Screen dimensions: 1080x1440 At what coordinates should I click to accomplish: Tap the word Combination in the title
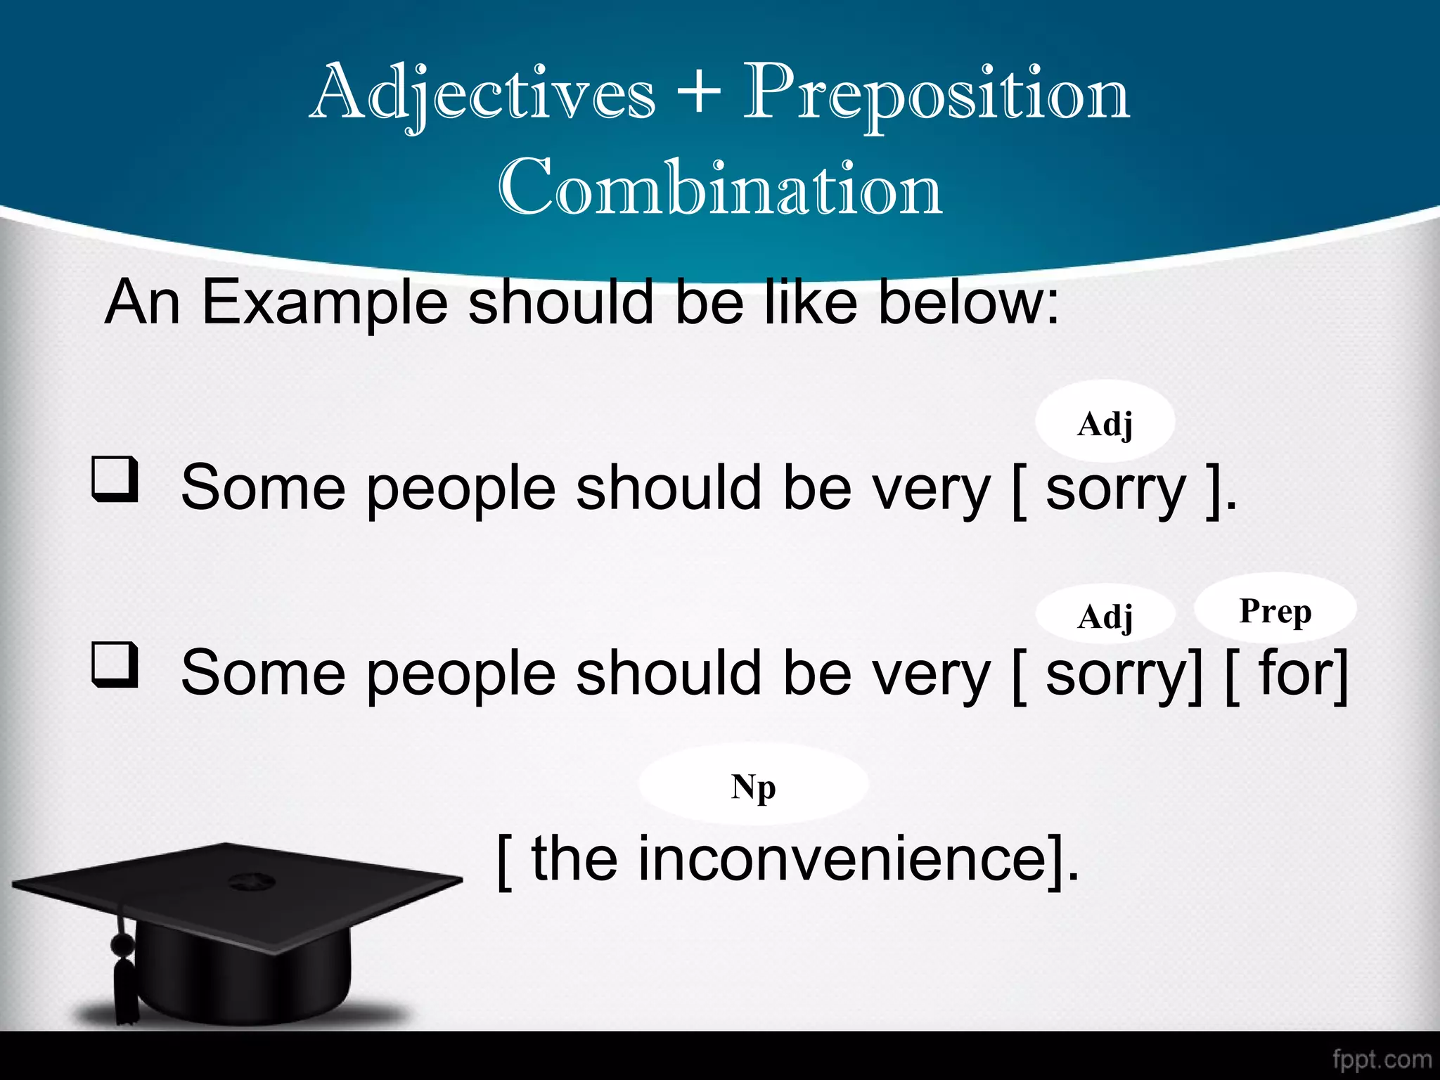click(720, 188)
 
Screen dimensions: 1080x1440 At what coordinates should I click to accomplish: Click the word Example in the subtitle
click(324, 303)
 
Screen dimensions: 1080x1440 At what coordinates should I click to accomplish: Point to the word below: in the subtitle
click(968, 303)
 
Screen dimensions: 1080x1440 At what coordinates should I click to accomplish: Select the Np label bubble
click(753, 785)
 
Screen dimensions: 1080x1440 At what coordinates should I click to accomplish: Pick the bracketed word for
click(1292, 674)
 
